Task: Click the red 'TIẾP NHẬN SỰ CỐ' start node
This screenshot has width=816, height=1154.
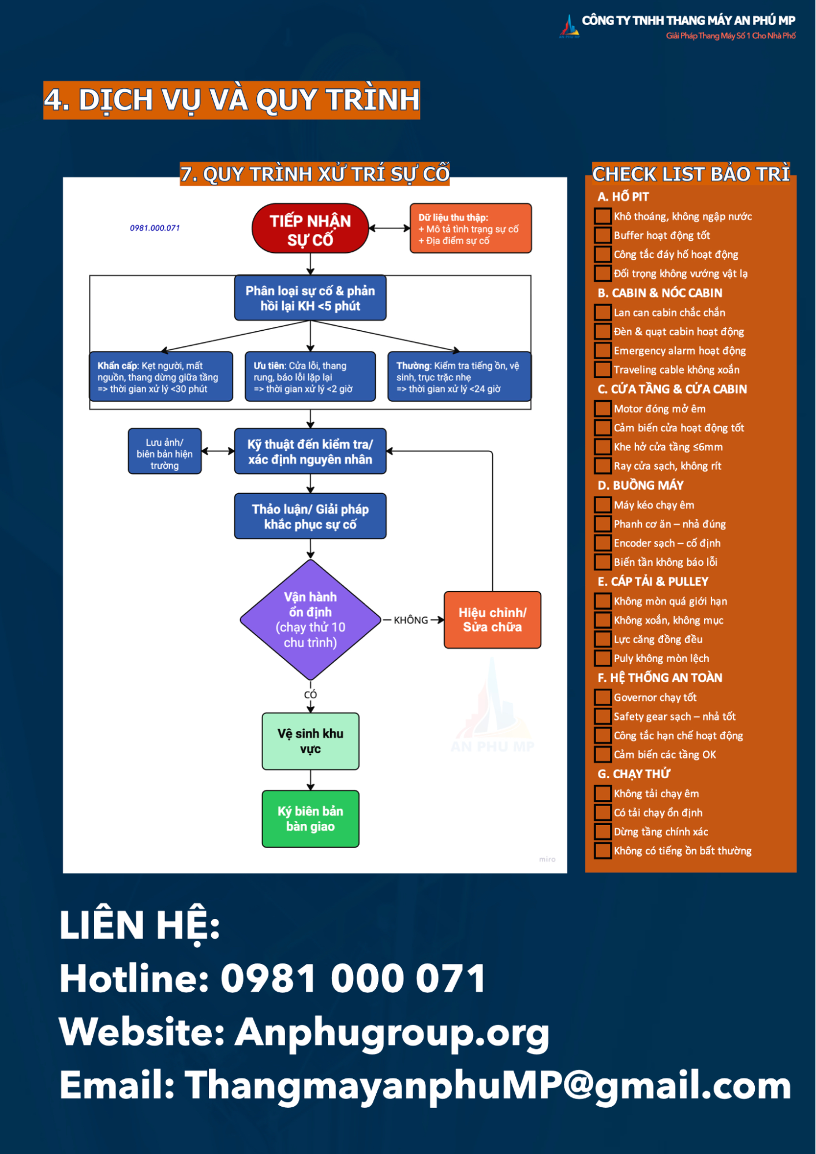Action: click(310, 229)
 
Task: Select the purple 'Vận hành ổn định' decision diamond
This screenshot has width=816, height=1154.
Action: click(310, 619)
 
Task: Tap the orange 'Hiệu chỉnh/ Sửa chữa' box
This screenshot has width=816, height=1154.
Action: click(492, 619)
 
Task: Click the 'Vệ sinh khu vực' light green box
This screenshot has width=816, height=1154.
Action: click(310, 741)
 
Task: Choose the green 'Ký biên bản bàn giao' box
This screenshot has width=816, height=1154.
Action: click(310, 819)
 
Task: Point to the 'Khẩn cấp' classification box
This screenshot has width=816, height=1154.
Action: click(161, 376)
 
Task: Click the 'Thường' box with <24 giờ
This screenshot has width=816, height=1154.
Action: click(459, 376)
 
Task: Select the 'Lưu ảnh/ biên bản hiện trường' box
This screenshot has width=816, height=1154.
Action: click(165, 451)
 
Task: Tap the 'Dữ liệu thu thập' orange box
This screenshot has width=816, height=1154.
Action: click(471, 228)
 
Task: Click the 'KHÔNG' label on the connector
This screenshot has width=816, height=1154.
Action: click(411, 620)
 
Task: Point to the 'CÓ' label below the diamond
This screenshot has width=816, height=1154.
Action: click(310, 694)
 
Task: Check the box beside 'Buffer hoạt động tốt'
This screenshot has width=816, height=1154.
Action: click(603, 236)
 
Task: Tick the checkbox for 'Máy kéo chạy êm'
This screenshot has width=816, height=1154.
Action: click(603, 505)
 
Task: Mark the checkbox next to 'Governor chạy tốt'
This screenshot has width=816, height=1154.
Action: click(603, 697)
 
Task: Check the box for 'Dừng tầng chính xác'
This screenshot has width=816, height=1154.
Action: click(603, 832)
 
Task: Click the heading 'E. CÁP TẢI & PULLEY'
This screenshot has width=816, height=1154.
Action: click(653, 582)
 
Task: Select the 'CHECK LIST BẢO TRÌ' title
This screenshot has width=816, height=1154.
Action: click(691, 174)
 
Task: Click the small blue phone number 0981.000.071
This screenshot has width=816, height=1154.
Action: click(155, 228)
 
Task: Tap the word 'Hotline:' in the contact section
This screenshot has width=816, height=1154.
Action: click(134, 979)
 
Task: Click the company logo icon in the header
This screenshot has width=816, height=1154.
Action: click(569, 26)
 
